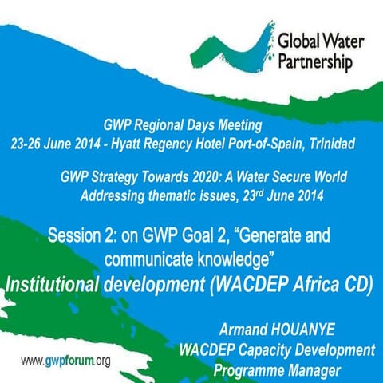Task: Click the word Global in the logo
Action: [296, 40]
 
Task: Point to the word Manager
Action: [331, 369]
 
